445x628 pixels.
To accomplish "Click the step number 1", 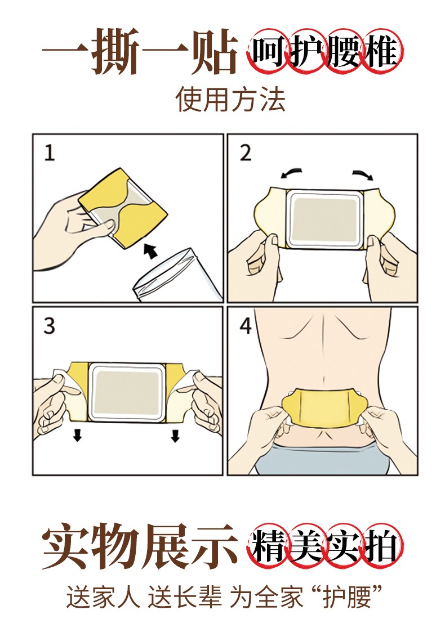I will [x=50, y=153].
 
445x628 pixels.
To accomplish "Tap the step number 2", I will [x=246, y=153].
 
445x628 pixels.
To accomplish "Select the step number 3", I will [x=50, y=326].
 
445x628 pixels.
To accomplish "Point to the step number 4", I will [x=246, y=326].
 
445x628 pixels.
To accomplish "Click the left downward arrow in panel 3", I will [x=77, y=435].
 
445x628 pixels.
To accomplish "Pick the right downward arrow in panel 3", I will [x=175, y=435].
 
